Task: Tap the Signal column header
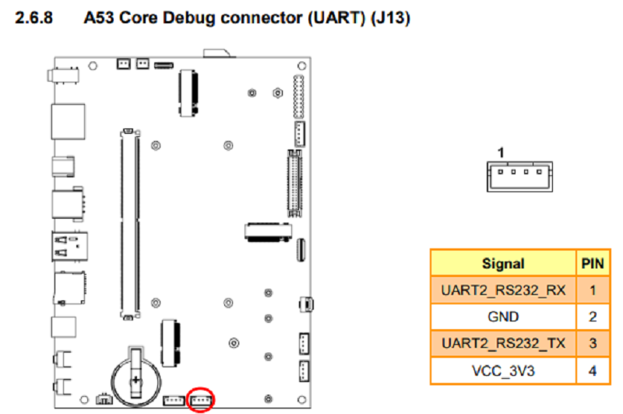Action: [x=503, y=263]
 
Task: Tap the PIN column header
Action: [x=593, y=263]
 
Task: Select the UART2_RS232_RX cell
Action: [x=503, y=290]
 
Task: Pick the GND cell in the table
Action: [x=503, y=317]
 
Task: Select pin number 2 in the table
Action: [x=593, y=317]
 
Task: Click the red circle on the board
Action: [x=202, y=399]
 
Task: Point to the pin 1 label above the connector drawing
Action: [x=502, y=152]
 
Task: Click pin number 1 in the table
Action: [x=593, y=290]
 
